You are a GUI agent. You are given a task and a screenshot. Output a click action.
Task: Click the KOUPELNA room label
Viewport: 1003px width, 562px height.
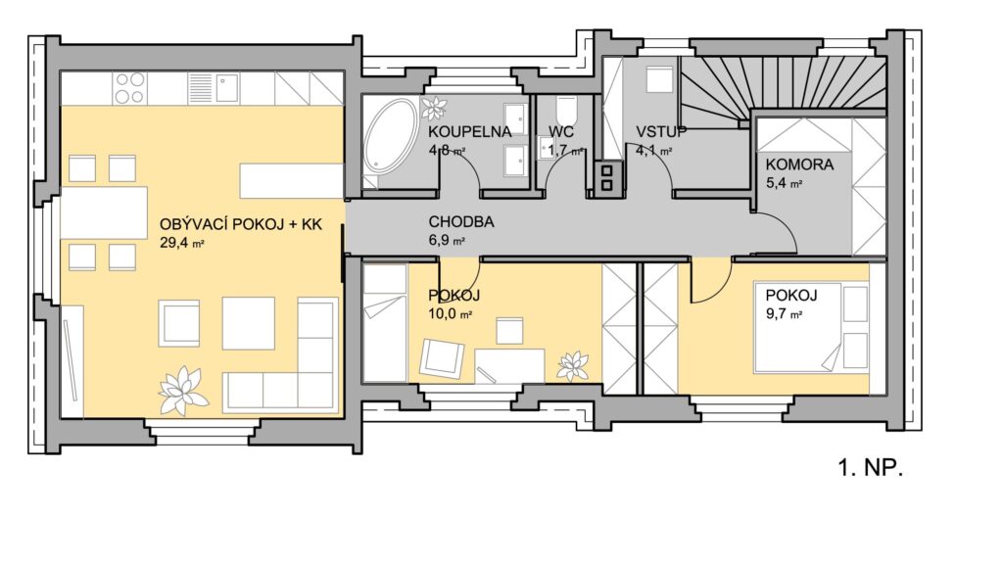[x=469, y=132]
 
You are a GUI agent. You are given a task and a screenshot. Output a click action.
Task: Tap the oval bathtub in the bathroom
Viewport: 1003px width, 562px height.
[x=390, y=135]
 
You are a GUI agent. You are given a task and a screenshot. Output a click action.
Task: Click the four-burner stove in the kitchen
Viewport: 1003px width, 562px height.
[x=130, y=88]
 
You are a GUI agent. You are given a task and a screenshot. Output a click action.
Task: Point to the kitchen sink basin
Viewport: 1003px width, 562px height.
[x=226, y=88]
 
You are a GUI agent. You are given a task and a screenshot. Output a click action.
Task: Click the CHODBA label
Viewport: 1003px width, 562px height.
[x=461, y=222]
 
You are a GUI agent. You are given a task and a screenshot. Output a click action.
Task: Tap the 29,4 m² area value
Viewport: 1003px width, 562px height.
[x=181, y=243]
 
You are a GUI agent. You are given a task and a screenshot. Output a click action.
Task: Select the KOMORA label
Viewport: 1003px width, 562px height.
[x=799, y=164]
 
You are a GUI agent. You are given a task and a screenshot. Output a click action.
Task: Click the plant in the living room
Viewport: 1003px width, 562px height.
[x=182, y=390]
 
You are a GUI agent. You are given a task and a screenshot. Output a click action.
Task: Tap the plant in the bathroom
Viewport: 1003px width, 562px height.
[x=434, y=108]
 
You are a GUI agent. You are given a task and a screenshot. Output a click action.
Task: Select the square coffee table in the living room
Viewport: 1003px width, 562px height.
[x=248, y=323]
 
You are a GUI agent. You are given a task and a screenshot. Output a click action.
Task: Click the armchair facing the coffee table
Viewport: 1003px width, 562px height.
[x=179, y=323]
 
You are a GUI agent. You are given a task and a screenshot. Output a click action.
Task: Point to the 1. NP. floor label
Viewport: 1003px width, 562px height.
[x=870, y=468]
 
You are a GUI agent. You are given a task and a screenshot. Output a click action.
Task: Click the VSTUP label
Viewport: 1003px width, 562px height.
[x=661, y=132]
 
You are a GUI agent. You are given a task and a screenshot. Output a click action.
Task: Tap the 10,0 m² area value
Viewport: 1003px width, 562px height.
[x=450, y=314]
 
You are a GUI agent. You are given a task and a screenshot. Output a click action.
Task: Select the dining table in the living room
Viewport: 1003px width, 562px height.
[x=104, y=212]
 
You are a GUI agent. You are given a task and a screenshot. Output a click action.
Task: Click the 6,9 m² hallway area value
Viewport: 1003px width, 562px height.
[x=447, y=241]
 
